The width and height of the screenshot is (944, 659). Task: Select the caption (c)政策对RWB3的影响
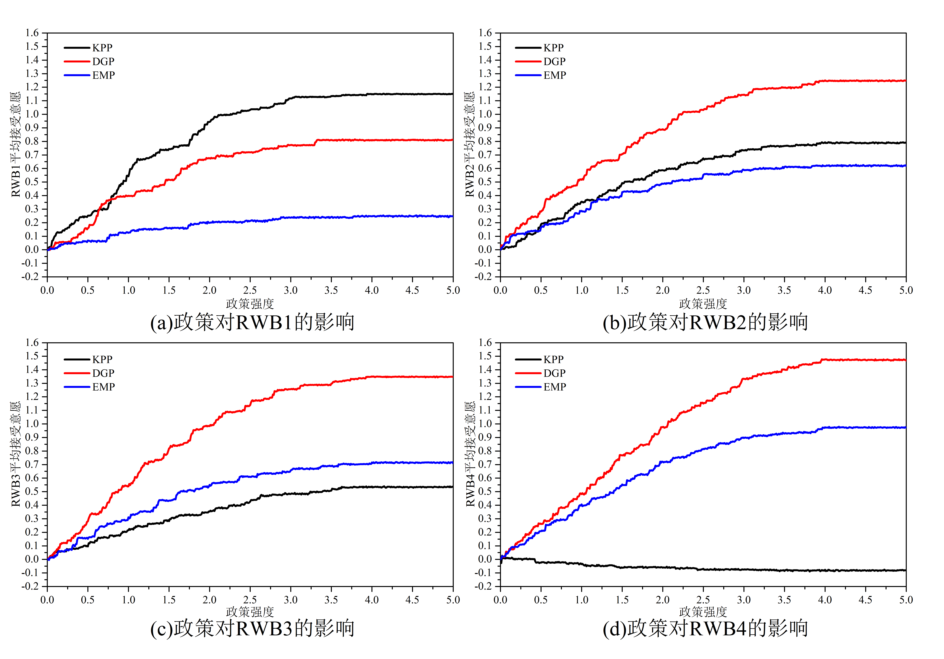pyautogui.click(x=252, y=628)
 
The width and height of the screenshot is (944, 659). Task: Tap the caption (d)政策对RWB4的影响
pyautogui.click(x=705, y=628)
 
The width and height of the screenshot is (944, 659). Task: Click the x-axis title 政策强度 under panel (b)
pyautogui.click(x=703, y=304)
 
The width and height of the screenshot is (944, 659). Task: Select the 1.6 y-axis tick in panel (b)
pyautogui.click(x=485, y=33)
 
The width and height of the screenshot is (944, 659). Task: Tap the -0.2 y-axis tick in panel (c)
pyautogui.click(x=30, y=586)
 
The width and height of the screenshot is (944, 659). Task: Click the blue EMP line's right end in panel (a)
pyautogui.click(x=452, y=216)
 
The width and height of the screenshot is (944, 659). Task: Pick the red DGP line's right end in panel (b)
pyautogui.click(x=905, y=81)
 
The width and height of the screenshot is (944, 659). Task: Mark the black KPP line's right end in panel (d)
pyautogui.click(x=905, y=570)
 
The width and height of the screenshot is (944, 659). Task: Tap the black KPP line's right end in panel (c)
pyautogui.click(x=452, y=487)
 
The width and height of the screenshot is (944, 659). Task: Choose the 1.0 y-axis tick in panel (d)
pyautogui.click(x=485, y=424)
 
